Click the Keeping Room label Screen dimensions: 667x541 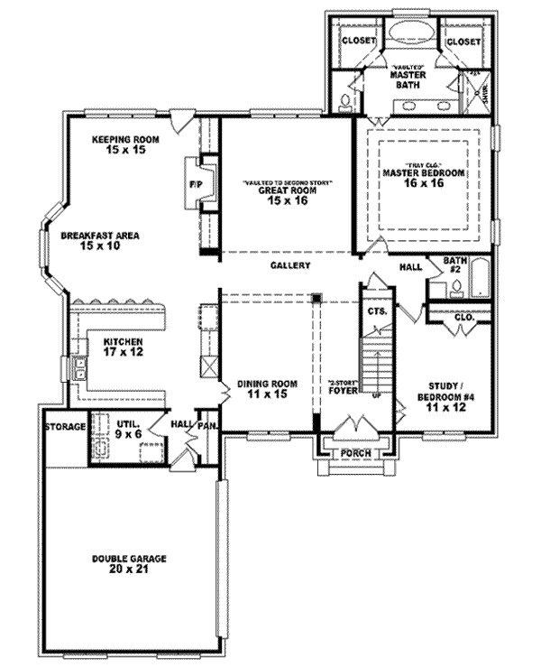[124, 145]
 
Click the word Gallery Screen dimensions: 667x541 [289, 265]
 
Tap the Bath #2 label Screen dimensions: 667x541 [455, 264]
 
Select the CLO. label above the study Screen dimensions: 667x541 [464, 317]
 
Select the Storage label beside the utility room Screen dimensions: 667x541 [66, 426]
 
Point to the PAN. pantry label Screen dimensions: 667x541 [206, 423]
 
